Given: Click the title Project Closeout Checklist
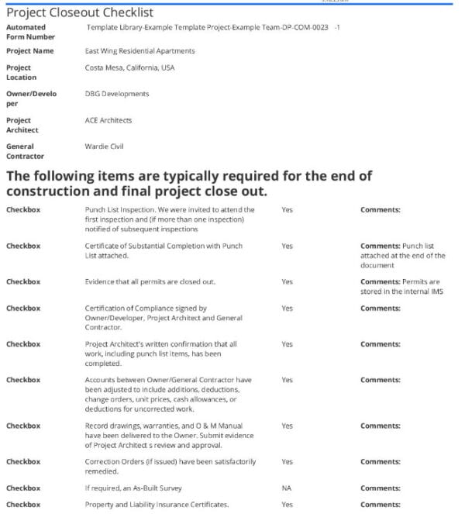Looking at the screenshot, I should pyautogui.click(x=80, y=12).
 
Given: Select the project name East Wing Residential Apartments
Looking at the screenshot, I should pyautogui.click(x=139, y=51).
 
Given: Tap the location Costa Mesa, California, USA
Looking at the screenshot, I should pyautogui.click(x=129, y=67).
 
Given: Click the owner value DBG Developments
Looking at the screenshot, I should pyautogui.click(x=117, y=94).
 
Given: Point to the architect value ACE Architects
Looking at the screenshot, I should pyautogui.click(x=108, y=120).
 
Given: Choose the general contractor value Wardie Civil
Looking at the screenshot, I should pyautogui.click(x=105, y=146).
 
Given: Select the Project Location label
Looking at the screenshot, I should pyautogui.click(x=22, y=72).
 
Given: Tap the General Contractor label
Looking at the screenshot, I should pyautogui.click(x=25, y=150).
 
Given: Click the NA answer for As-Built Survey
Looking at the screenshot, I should pyautogui.click(x=287, y=489).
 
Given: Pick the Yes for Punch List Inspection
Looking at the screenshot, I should pyautogui.click(x=287, y=210).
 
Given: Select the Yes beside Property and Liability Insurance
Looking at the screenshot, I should pyautogui.click(x=287, y=505).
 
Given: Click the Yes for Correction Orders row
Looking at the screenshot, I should pyautogui.click(x=287, y=461).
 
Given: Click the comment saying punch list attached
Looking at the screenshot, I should pyautogui.click(x=402, y=255).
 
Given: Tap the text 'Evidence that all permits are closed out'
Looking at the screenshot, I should pyautogui.click(x=150, y=281).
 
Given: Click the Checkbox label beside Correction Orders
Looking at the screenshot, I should pyautogui.click(x=23, y=461).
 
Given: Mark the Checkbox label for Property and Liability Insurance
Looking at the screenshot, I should pyautogui.click(x=23, y=505).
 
